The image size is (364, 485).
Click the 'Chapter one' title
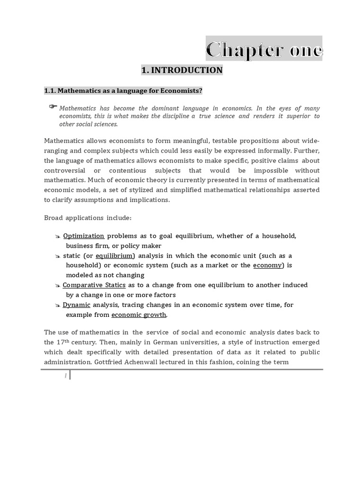tap(264, 49)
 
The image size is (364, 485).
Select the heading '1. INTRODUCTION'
tap(182, 70)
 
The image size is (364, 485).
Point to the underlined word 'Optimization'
tap(83, 236)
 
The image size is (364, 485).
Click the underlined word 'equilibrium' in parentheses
tap(115, 256)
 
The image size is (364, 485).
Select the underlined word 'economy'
tap(267, 265)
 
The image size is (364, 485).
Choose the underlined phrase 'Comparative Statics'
tap(94, 285)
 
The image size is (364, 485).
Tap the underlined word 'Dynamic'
tap(76, 305)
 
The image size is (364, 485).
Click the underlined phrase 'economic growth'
tap(139, 315)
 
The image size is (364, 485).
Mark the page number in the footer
tap(65, 375)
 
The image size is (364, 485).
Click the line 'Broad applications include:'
tap(88, 217)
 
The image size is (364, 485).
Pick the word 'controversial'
tap(64, 170)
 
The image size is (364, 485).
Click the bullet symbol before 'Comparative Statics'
tap(57, 286)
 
